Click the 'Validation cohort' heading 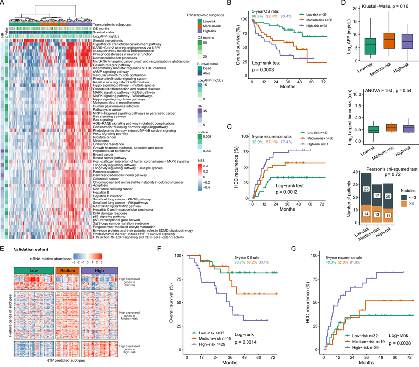[29, 249]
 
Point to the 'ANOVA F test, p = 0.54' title [375, 91]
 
